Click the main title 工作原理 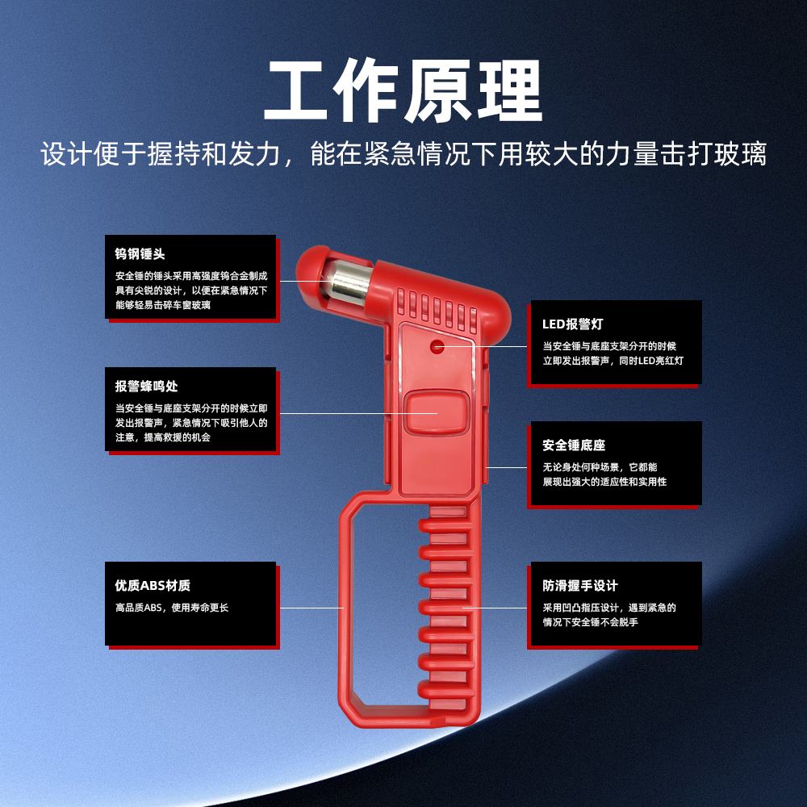tap(403, 90)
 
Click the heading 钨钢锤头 tap(140, 253)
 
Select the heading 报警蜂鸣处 tap(147, 386)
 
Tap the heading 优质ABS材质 tap(153, 585)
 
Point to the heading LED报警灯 tap(572, 324)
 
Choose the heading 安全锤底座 tap(574, 445)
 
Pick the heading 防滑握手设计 tap(580, 585)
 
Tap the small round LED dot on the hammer tap(437, 346)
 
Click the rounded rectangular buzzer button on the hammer tap(437, 412)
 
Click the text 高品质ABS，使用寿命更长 tap(172, 608)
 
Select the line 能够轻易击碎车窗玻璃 tap(163, 305)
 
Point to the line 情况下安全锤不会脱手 tap(591, 621)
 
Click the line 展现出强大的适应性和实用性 tap(604, 481)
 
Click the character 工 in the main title tap(295, 90)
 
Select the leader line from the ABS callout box tap(312, 608)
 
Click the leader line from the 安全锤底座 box tap(507, 467)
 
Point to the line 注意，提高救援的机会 tap(163, 437)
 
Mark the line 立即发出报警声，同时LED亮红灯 tap(613, 360)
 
